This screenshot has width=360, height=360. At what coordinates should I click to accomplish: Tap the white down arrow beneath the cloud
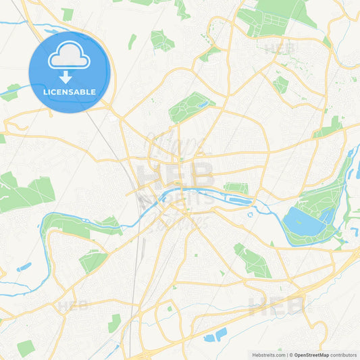[65, 77]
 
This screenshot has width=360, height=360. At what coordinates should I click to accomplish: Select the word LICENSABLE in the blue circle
[69, 92]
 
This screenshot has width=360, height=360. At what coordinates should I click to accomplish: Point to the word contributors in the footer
[344, 354]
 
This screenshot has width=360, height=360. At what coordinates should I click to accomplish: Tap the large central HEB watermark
[176, 175]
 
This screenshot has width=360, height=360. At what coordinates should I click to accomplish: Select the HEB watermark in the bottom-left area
[73, 305]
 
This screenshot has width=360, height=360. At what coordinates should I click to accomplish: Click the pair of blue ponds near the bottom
[215, 334]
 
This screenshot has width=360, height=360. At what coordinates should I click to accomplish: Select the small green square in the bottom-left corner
[26, 348]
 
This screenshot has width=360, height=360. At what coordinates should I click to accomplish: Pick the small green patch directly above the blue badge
[67, 14]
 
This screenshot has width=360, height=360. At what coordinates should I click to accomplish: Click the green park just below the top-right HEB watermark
[280, 84]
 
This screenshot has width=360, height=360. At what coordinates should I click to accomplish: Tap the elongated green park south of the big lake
[251, 260]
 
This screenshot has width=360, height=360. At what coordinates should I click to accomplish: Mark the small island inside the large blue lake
[312, 215]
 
